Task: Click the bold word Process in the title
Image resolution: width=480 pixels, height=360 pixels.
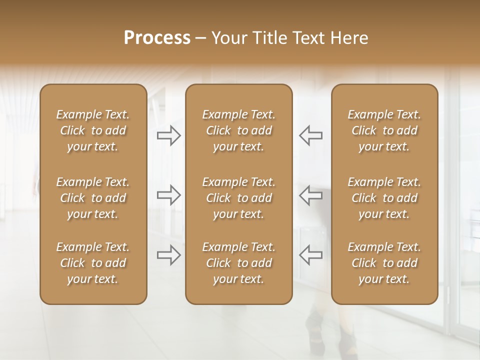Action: [x=157, y=38]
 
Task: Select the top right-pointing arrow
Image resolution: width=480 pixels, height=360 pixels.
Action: [x=169, y=135]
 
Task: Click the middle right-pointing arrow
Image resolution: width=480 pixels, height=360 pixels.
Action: [x=169, y=195]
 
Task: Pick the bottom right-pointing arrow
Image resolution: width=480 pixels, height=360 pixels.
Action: [x=169, y=255]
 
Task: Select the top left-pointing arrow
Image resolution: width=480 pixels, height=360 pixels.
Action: [x=310, y=135]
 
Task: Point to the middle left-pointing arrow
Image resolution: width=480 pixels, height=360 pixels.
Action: [x=310, y=195]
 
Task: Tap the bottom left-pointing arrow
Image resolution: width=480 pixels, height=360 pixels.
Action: [x=310, y=255]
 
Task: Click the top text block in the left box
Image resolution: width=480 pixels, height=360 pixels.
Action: [x=93, y=130]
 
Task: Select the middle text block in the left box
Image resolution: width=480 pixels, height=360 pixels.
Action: [x=93, y=198]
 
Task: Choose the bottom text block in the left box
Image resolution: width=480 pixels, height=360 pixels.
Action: [x=93, y=263]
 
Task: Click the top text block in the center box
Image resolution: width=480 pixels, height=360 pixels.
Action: [x=238, y=130]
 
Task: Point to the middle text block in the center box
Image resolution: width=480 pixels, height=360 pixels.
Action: [x=238, y=198]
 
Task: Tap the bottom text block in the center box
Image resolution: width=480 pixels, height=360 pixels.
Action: [x=238, y=263]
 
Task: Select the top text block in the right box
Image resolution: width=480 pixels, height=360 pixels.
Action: [x=384, y=130]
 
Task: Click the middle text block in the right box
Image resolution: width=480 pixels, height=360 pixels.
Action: [x=384, y=198]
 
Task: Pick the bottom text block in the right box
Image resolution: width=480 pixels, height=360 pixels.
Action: [x=384, y=263]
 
